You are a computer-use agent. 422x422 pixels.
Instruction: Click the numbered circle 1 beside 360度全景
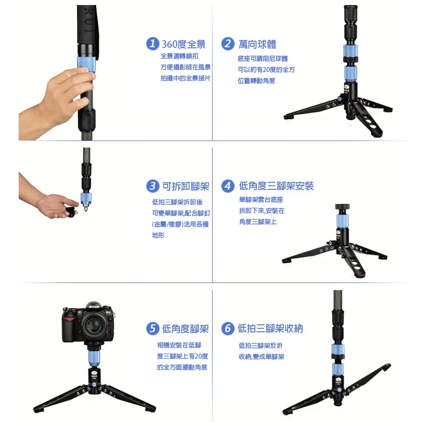[152, 44]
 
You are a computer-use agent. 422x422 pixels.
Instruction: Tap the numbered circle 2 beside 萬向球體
[228, 44]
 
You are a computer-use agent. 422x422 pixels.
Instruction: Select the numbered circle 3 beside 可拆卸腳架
[152, 186]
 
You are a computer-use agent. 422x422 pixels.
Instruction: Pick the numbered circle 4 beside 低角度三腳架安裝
[228, 186]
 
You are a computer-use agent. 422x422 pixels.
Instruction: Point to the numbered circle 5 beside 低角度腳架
[152, 328]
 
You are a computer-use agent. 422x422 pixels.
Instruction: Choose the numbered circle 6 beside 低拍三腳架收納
[228, 328]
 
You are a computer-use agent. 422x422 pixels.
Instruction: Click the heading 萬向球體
[257, 44]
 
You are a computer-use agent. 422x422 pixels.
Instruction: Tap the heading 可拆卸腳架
[186, 186]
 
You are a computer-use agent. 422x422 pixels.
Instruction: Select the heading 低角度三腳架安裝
[276, 186]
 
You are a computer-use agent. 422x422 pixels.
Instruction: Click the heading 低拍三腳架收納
[270, 328]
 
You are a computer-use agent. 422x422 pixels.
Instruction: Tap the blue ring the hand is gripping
[87, 64]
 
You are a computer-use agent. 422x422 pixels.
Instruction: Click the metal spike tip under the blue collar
[86, 208]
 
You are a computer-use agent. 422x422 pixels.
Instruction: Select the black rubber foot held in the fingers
[72, 212]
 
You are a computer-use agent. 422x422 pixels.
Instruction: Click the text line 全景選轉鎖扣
[179, 56]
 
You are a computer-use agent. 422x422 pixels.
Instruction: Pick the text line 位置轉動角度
[256, 81]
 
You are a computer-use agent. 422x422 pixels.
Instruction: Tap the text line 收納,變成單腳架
[261, 357]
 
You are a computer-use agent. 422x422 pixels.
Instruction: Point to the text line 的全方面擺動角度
[182, 368]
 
